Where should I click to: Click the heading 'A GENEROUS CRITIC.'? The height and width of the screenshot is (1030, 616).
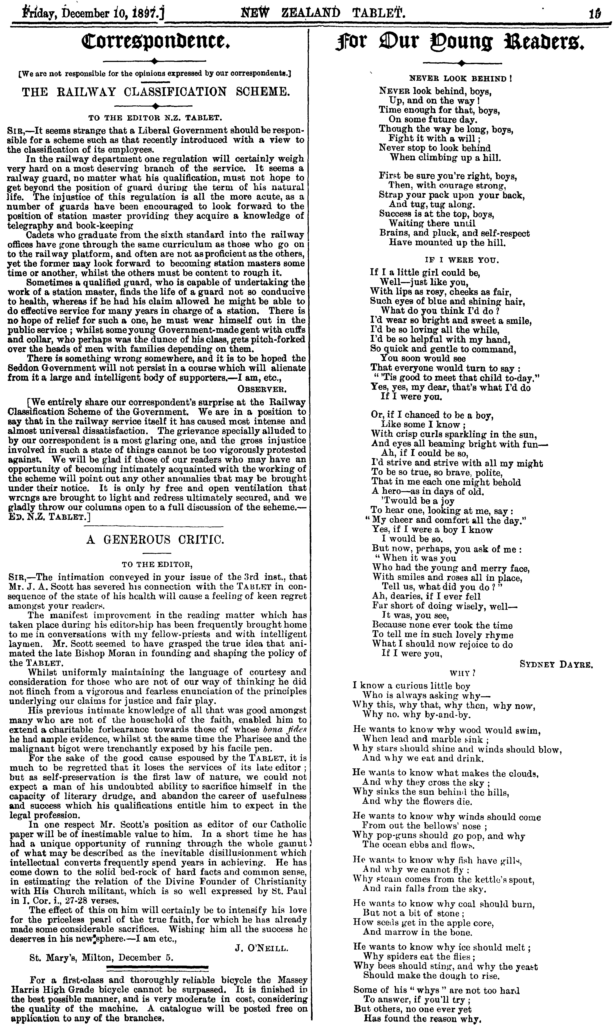(x=156, y=539)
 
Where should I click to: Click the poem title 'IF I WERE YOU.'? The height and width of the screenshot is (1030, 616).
(x=461, y=260)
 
